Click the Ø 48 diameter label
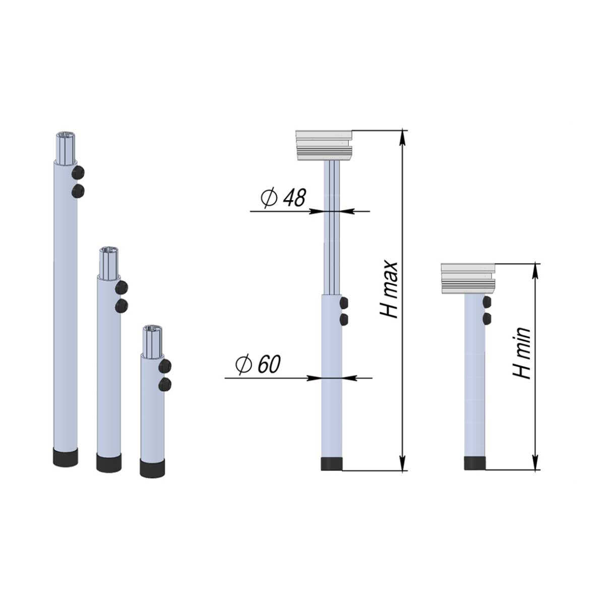click(x=283, y=198)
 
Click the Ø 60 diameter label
click(x=258, y=365)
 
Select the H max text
click(x=389, y=290)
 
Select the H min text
click(x=521, y=353)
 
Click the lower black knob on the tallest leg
click(x=78, y=191)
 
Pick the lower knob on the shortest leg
click(x=165, y=384)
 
